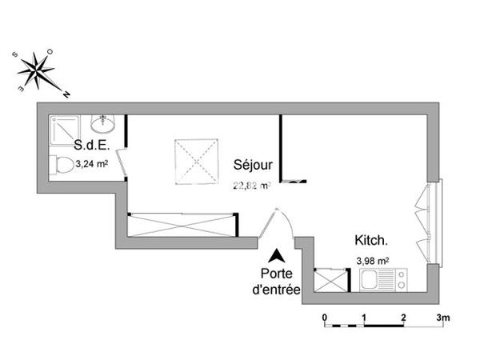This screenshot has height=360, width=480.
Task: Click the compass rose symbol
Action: click(x=37, y=70)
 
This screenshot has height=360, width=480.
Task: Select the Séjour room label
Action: click(x=254, y=165)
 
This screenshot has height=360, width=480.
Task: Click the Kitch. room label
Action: click(x=372, y=240)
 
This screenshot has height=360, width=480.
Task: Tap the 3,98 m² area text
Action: click(x=373, y=259)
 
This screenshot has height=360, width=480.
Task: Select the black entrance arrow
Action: click(x=276, y=256)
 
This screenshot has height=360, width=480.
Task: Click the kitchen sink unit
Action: click(x=383, y=281)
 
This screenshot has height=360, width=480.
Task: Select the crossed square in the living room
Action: click(x=196, y=159)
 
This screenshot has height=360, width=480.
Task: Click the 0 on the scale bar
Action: click(x=325, y=318)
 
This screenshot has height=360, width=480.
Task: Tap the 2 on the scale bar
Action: click(x=404, y=318)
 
